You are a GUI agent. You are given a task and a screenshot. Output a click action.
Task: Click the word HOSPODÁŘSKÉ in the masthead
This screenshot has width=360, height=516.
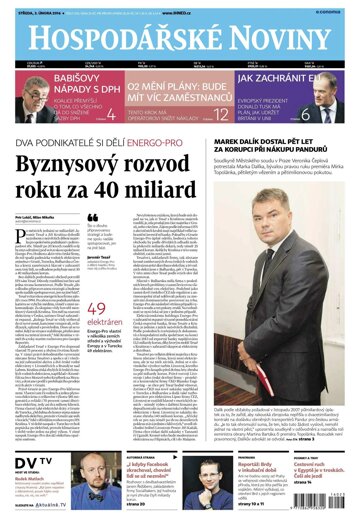[x=116, y=39]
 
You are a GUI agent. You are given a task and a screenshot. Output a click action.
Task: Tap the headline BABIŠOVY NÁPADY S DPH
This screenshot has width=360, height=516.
[x=56, y=85]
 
